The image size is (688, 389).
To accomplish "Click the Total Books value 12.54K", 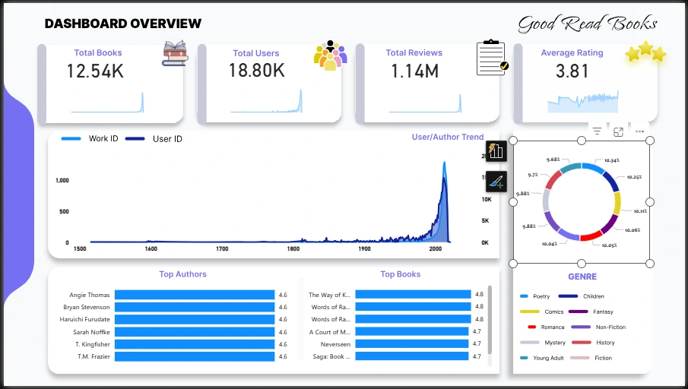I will click(94, 71).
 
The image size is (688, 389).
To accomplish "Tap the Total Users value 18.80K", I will click(256, 71).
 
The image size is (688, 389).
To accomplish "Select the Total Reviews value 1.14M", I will click(414, 71).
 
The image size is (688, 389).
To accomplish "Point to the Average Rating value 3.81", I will click(572, 71).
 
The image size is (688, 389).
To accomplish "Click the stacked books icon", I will click(175, 53).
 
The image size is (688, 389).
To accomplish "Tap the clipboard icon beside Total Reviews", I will click(492, 58).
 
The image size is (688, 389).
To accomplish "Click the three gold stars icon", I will click(645, 52).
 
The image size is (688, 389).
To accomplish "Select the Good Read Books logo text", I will click(587, 24).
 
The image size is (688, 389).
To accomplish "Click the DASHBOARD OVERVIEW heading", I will click(123, 24).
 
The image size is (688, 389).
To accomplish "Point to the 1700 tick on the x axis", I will click(222, 248).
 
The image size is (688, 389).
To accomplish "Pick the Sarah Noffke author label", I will click(90, 332).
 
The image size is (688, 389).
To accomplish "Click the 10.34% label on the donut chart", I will click(612, 161).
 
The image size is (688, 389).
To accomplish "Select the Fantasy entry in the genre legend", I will click(601, 312).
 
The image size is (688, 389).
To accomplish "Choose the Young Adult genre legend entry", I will click(548, 358).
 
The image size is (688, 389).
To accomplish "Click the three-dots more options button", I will click(640, 131).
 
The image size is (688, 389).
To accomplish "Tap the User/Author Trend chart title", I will click(447, 138).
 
